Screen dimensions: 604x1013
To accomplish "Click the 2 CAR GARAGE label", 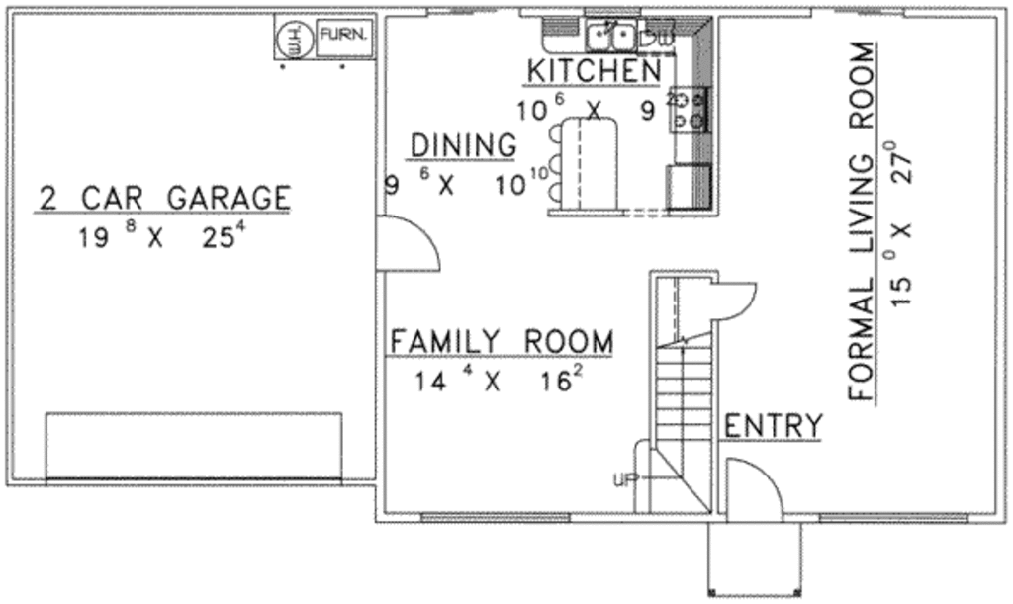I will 164,198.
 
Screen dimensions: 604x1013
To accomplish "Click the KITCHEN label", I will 593,71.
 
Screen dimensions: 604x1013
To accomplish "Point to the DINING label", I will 463,146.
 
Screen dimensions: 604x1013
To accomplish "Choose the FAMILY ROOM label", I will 501,342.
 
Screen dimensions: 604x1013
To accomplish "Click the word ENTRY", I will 774,427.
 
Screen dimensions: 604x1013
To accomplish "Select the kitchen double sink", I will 610,38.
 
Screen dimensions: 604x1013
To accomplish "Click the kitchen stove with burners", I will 690,110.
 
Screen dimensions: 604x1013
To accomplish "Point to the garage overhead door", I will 193,447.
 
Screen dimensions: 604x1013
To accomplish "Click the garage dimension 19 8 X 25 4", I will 162,238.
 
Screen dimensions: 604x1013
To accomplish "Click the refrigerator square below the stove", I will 688,187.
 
